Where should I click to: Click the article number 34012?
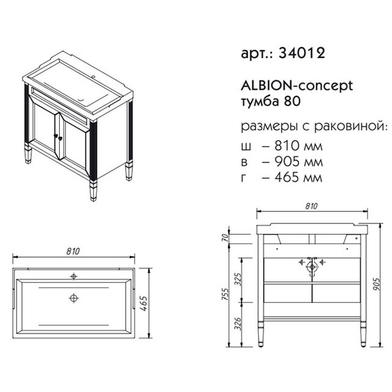[x=302, y=53]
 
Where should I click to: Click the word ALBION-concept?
[x=297, y=86]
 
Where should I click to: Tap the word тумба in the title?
[x=260, y=101]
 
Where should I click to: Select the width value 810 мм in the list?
[x=299, y=146]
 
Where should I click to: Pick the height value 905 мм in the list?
[x=299, y=161]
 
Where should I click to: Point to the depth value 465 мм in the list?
[x=298, y=177]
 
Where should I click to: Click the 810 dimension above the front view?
[x=311, y=206]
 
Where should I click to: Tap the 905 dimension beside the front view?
[x=376, y=284]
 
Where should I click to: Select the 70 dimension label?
[x=225, y=238]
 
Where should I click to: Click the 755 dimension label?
[x=225, y=294]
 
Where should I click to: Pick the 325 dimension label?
[x=239, y=279]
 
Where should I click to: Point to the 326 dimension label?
[x=239, y=324]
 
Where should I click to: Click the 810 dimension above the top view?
[x=73, y=251]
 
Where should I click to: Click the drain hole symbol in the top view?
[x=73, y=298]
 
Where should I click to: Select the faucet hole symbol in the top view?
[x=73, y=276]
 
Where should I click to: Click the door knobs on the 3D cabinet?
[x=58, y=136]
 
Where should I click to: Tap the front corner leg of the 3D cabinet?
[x=93, y=191]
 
